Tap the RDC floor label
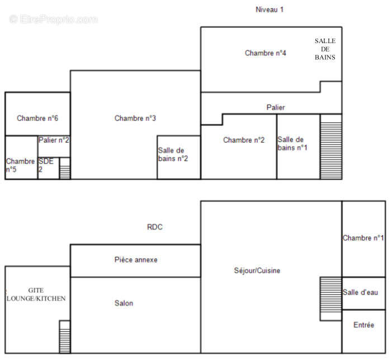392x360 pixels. pyautogui.click(x=155, y=227)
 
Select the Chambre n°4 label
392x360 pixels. pyautogui.click(x=266, y=53)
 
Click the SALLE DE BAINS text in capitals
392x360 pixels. pyautogui.click(x=325, y=49)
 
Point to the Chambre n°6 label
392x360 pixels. pyautogui.click(x=37, y=118)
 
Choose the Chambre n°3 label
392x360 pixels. pyautogui.click(x=135, y=118)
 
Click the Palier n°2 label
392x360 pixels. pyautogui.click(x=54, y=140)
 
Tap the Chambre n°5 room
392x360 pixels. pyautogui.click(x=21, y=165)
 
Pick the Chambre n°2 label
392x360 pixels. pyautogui.click(x=243, y=140)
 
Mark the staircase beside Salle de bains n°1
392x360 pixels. pyautogui.click(x=330, y=147)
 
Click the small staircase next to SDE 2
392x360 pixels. pyautogui.click(x=65, y=169)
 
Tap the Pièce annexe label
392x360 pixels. pyautogui.click(x=136, y=260)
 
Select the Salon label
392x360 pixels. pyautogui.click(x=124, y=303)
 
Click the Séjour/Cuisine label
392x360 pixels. pyautogui.click(x=257, y=271)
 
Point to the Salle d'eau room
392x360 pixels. pyautogui.click(x=363, y=293)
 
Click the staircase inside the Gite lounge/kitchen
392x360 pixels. pyautogui.click(x=65, y=336)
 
